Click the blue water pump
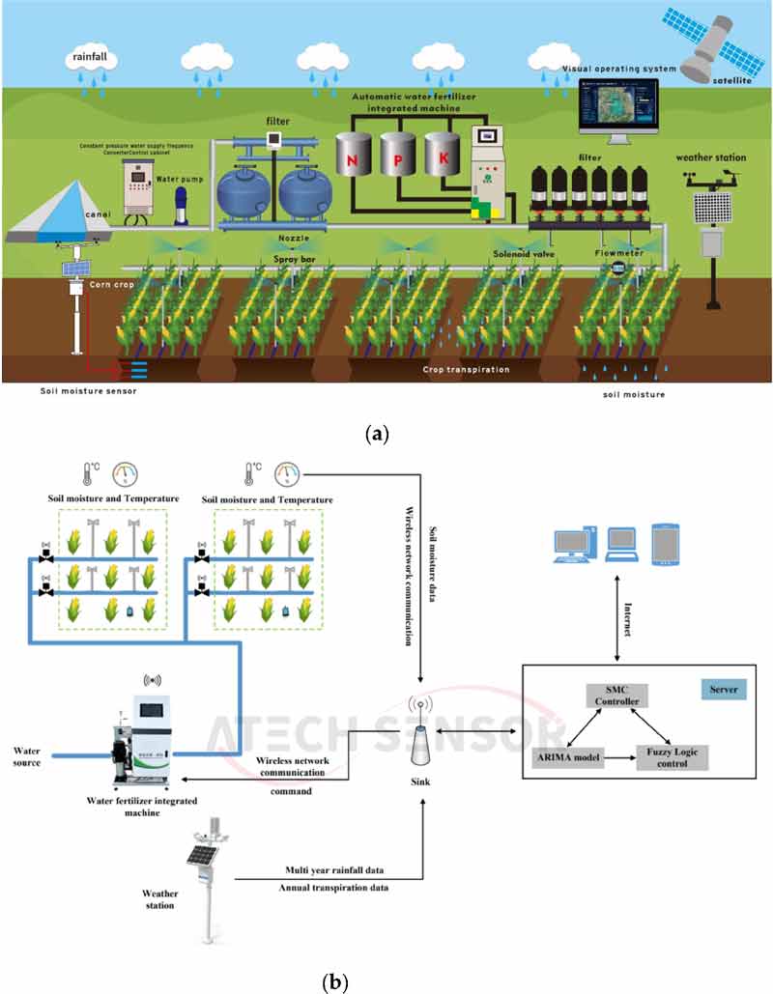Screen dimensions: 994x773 180,207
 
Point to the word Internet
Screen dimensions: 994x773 629,617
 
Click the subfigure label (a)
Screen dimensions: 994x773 378,434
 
